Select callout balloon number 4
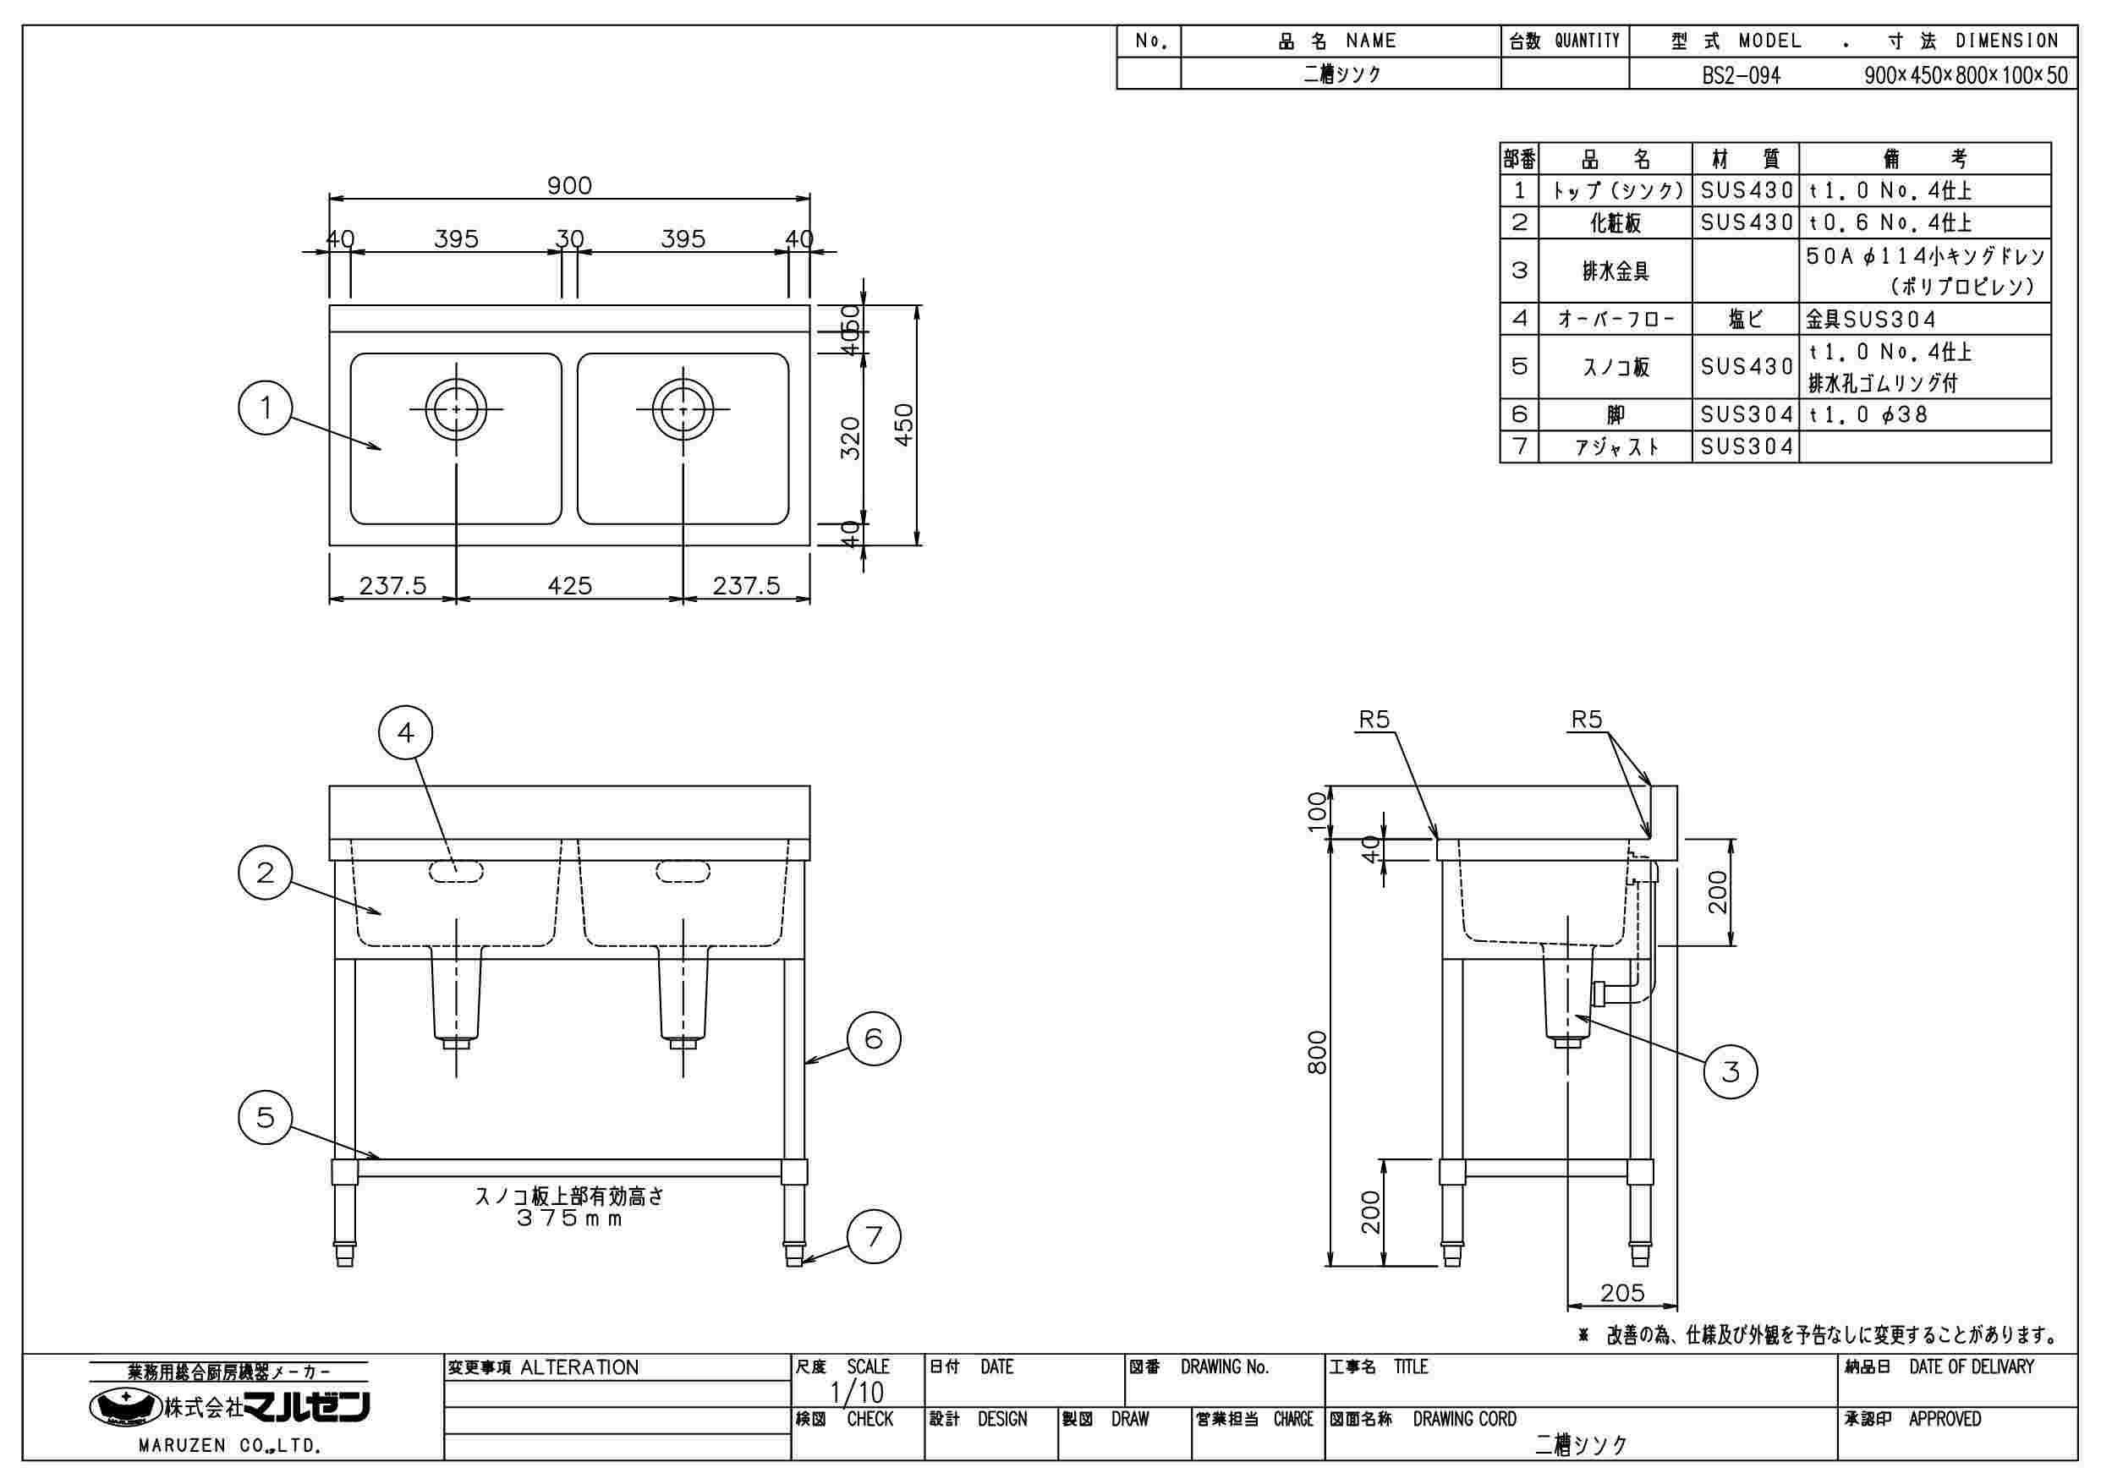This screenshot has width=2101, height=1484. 405,732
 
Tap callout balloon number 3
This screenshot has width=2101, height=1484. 1730,1071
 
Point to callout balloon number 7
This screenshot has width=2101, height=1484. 874,1237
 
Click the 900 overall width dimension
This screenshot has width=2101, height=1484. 569,186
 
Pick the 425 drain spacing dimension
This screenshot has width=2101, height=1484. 569,585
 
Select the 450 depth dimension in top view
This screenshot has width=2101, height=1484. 904,424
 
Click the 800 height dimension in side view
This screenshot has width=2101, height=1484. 1317,1052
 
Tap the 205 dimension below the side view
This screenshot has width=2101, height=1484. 1621,1293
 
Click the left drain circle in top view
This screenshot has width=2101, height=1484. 456,408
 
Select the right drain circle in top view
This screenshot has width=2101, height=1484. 683,408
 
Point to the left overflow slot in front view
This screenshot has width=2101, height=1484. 456,871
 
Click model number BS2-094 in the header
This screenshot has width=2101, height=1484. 1741,75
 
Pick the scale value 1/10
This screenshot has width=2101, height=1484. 857,1393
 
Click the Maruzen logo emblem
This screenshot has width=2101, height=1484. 124,1407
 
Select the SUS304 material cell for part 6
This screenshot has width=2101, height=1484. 1746,415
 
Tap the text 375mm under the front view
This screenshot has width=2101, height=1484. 569,1218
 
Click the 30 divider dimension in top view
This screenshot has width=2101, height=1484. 569,239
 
